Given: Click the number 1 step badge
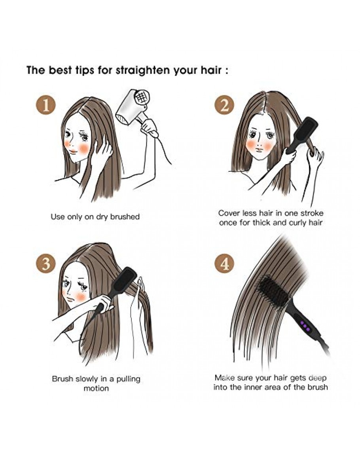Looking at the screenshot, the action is [46, 105].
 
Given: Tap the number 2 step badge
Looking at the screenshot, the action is [224, 105].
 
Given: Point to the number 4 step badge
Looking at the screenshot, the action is [224, 264].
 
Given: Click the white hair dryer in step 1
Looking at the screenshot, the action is [135, 111].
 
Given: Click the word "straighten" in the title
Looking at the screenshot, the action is [143, 70].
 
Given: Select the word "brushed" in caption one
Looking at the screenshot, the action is [125, 216].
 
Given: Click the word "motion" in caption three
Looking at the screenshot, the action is [96, 388].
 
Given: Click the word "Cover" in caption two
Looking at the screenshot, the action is [229, 213].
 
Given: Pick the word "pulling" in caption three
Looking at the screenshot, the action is [128, 379].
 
